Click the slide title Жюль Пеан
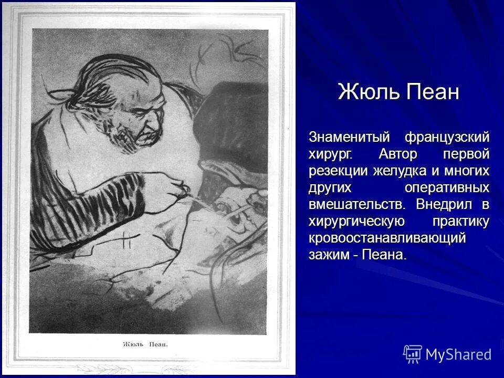point(398,92)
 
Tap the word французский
point(447,138)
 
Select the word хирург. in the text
point(331,154)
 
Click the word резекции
point(338,171)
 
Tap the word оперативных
point(447,187)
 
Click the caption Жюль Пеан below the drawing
point(145,344)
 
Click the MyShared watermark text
point(458,354)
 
